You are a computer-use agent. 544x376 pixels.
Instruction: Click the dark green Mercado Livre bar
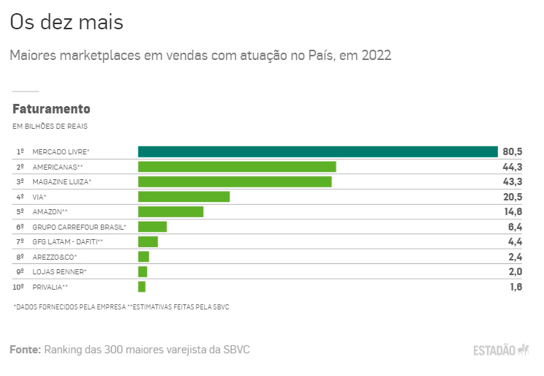(318, 151)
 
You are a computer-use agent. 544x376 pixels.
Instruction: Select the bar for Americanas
(237, 167)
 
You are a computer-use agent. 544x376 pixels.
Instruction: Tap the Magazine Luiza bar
(235, 181)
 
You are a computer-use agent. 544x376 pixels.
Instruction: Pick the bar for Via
(184, 197)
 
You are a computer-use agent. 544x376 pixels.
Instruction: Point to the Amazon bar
(170, 211)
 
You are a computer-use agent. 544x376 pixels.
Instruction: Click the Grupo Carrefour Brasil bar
(152, 227)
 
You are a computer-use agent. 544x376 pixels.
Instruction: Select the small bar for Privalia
(142, 287)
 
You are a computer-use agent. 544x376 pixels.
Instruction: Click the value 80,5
(512, 151)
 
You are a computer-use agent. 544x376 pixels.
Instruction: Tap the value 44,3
(512, 167)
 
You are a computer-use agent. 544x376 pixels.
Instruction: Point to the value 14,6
(512, 211)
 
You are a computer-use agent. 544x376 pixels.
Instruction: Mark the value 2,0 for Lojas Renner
(515, 272)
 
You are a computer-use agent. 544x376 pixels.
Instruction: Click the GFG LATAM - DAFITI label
(67, 242)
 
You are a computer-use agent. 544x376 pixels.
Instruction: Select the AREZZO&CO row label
(54, 257)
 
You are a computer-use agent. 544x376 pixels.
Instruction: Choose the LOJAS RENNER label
(59, 272)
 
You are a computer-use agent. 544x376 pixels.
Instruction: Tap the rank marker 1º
(20, 151)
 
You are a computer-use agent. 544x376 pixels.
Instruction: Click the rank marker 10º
(20, 287)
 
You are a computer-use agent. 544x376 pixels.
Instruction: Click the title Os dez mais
(67, 22)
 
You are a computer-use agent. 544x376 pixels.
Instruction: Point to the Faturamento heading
(51, 109)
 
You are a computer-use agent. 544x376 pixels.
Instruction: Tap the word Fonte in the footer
(25, 350)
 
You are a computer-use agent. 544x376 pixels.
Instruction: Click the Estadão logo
(500, 350)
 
